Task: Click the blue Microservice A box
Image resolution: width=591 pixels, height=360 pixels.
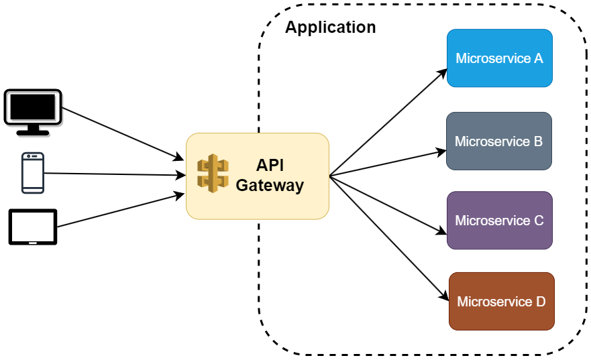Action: pos(499,58)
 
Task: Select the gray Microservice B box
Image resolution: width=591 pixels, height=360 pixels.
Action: pos(498,141)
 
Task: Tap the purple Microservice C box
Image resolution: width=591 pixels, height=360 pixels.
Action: pos(499,220)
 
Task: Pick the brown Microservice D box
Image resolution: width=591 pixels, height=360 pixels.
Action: pos(501,301)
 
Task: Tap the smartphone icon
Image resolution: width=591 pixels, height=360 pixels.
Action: pos(33,173)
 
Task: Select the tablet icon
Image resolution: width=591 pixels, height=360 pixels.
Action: pos(33,227)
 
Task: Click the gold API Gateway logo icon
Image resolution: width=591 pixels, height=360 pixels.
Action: pos(213,172)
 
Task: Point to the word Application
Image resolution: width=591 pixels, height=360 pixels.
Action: pos(330,27)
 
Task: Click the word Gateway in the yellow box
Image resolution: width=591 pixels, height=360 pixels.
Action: pos(270,186)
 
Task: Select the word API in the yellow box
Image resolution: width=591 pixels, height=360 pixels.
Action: pos(270,165)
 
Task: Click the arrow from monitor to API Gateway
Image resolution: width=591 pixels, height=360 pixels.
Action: pos(121,133)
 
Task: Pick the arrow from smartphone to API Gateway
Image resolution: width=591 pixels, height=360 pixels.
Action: pos(114,174)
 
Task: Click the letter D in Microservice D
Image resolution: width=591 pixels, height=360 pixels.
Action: pos(541,302)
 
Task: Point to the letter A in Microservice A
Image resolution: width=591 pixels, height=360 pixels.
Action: pos(538,58)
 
